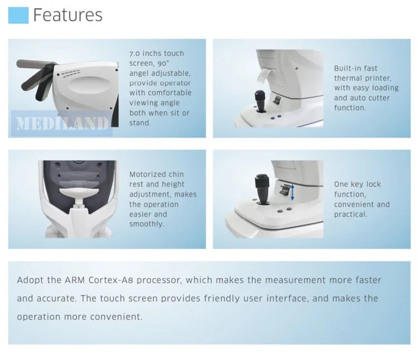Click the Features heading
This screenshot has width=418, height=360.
(x=67, y=15)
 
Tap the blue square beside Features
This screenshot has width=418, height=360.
(x=18, y=15)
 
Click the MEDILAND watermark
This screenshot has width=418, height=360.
(x=62, y=123)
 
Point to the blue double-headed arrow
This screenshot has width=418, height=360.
(x=293, y=192)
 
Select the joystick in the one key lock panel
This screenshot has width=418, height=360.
(x=262, y=189)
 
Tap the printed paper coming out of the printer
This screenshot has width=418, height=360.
(x=264, y=76)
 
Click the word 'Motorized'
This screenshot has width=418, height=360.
(x=146, y=174)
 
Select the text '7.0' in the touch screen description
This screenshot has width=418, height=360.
(x=134, y=53)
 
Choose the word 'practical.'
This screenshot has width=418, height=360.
(x=351, y=215)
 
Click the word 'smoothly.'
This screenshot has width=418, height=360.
(x=147, y=224)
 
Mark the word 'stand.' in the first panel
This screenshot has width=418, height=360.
(x=140, y=123)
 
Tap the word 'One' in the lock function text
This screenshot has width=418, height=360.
(x=341, y=184)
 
